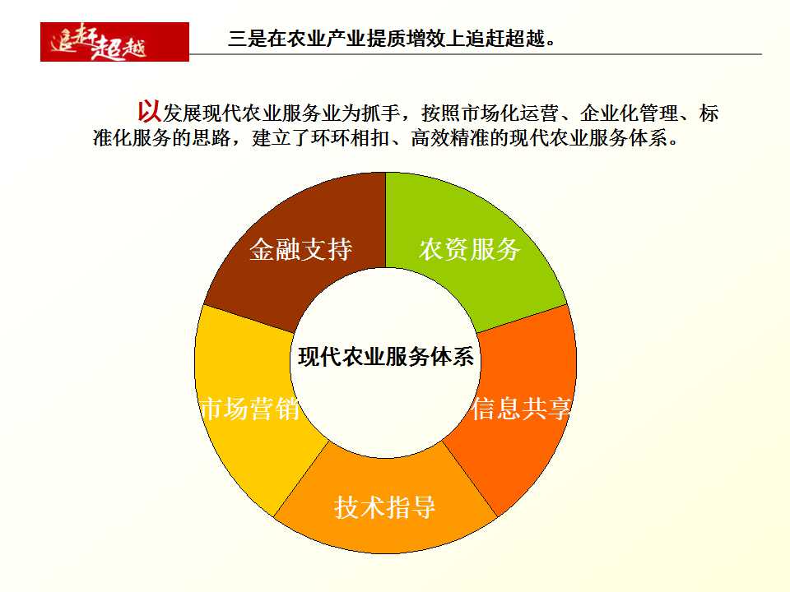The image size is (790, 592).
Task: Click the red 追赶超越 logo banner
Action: (x=114, y=42)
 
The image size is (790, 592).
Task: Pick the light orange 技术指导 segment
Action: (x=385, y=524)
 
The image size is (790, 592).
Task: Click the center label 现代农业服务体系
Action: (x=385, y=357)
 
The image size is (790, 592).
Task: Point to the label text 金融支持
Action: (x=301, y=249)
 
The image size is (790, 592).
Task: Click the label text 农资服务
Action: (x=469, y=249)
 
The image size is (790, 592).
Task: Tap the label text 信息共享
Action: (x=522, y=409)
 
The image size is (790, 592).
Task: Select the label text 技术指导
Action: (x=385, y=507)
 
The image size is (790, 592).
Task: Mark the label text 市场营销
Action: (x=250, y=409)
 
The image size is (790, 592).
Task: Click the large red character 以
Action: (x=150, y=111)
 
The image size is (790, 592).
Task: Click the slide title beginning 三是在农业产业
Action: (x=392, y=39)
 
